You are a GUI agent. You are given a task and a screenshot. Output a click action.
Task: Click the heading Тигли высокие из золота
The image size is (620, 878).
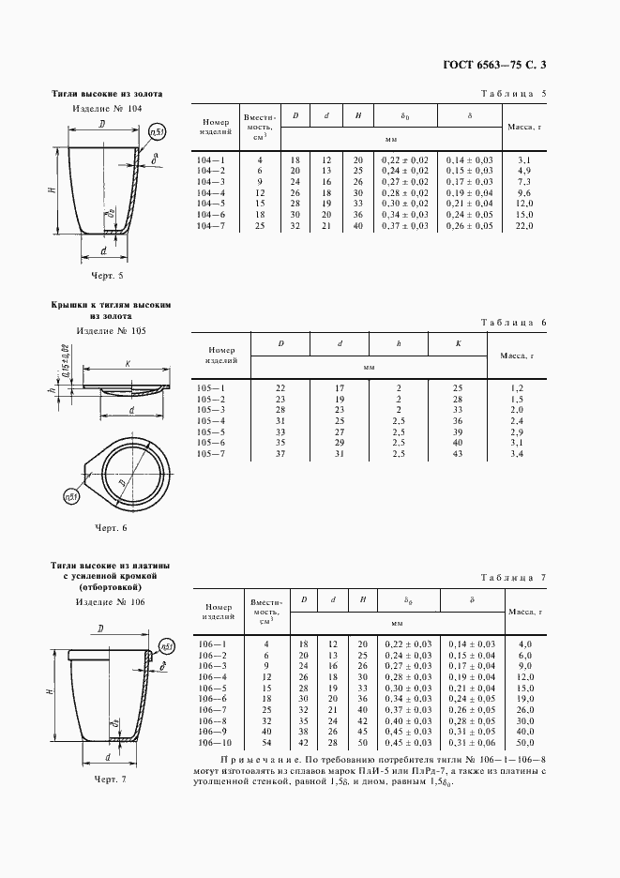(x=107, y=95)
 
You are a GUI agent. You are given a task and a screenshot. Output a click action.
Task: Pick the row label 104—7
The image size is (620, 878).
(x=211, y=226)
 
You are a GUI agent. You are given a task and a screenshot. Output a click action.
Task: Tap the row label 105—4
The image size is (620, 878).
(x=211, y=421)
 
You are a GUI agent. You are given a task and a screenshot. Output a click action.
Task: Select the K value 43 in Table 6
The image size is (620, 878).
(x=458, y=455)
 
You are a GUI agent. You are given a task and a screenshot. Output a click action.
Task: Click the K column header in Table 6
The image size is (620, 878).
(x=458, y=344)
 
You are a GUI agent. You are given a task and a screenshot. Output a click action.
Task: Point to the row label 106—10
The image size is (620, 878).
(x=214, y=743)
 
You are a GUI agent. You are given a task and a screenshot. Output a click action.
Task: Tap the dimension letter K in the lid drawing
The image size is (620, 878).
(x=126, y=363)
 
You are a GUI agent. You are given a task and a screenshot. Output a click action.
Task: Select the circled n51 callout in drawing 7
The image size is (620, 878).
(x=166, y=647)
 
